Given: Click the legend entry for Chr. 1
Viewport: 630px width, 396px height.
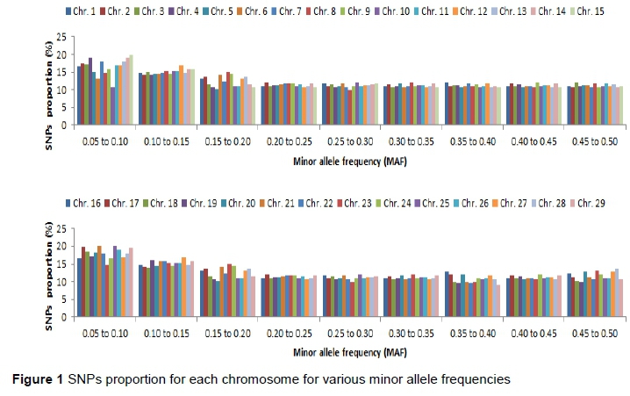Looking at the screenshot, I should pos(83,11).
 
